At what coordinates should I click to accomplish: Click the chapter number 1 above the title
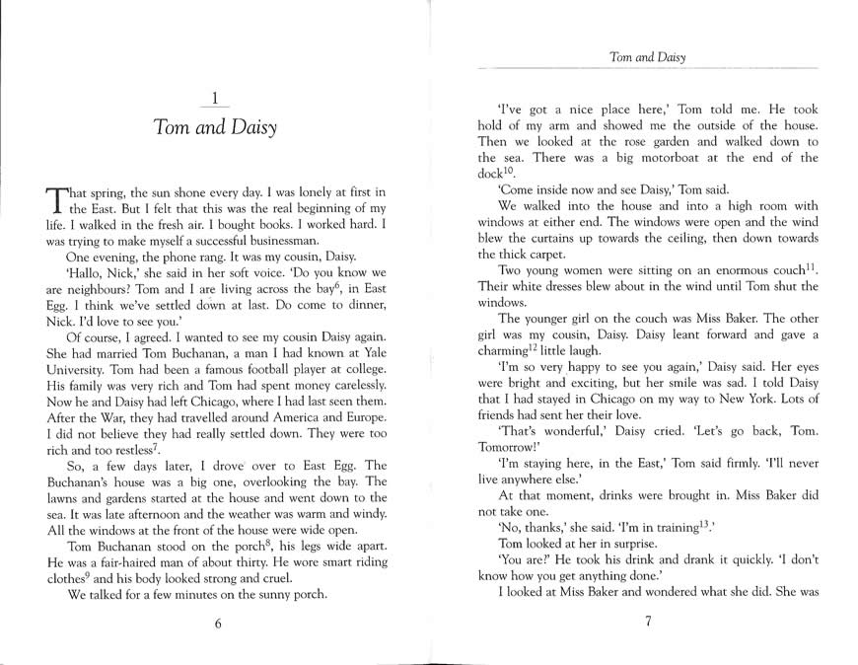[215, 97]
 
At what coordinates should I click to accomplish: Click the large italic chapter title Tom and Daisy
[215, 128]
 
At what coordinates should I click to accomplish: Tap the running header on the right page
[647, 57]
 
